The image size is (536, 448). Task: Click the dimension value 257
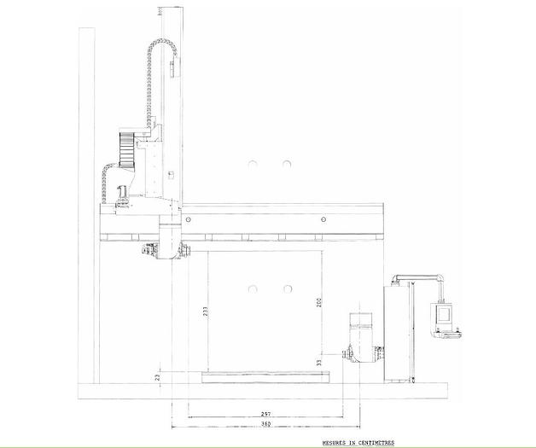pyautogui.click(x=265, y=414)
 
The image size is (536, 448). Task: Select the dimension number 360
pyautogui.click(x=265, y=424)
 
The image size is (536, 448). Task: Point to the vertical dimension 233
pyautogui.click(x=206, y=312)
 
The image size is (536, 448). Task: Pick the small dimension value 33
pyautogui.click(x=318, y=363)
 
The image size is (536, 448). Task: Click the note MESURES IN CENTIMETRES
pyautogui.click(x=358, y=444)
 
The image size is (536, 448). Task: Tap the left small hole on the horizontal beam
pyautogui.click(x=188, y=219)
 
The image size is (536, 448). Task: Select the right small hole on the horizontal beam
pyautogui.click(x=323, y=219)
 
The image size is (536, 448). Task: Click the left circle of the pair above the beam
pyautogui.click(x=253, y=164)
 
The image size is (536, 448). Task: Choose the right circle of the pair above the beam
pyautogui.click(x=288, y=164)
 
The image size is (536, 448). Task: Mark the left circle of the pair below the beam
pyautogui.click(x=253, y=289)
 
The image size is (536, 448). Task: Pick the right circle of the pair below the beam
pyautogui.click(x=288, y=289)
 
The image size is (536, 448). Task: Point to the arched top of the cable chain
pyautogui.click(x=163, y=43)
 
